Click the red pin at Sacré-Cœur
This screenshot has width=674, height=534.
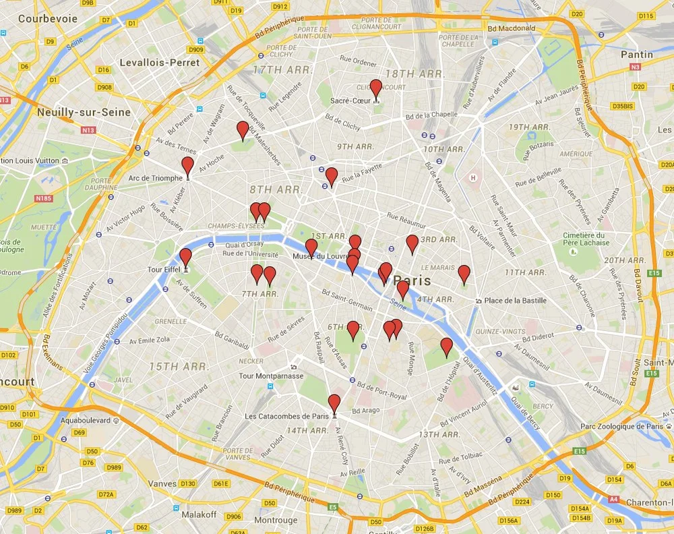(x=376, y=88)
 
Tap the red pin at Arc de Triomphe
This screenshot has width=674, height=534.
(x=187, y=166)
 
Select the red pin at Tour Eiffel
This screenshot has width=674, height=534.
(x=185, y=257)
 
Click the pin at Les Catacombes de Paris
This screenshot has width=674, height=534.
(x=334, y=403)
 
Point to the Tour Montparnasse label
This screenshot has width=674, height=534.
(x=271, y=376)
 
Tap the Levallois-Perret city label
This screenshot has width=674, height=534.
(x=159, y=62)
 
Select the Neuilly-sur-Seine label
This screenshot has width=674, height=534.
(x=84, y=112)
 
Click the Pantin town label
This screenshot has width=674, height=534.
(x=637, y=55)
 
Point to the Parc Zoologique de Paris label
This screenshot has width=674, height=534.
(x=621, y=426)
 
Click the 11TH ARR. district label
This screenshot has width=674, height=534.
(x=525, y=272)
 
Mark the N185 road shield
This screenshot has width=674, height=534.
(x=43, y=198)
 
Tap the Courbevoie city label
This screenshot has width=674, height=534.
(x=48, y=19)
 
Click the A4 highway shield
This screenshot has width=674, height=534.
(x=613, y=500)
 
